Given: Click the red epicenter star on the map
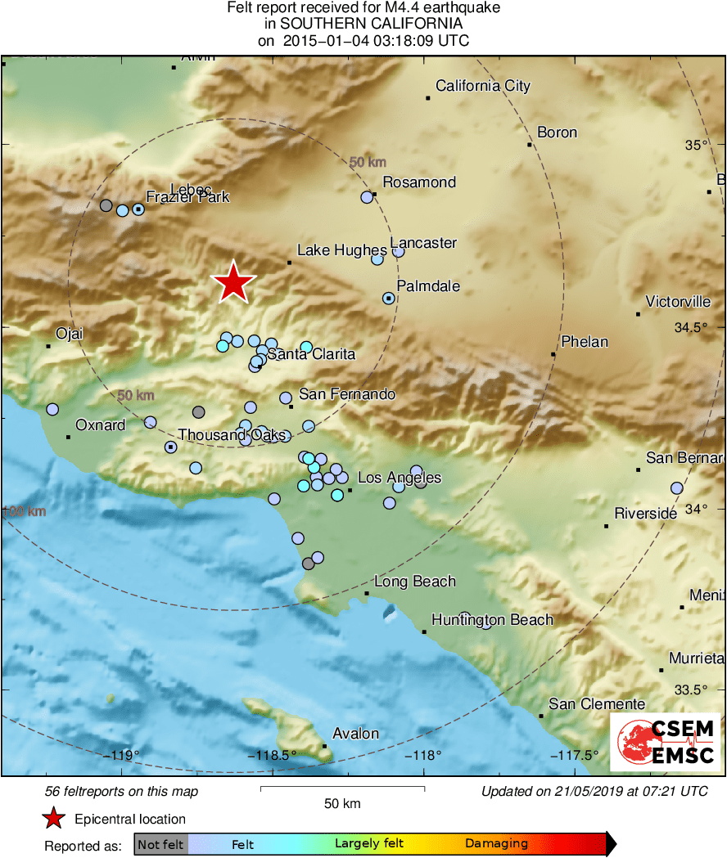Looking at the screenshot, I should coord(234,282).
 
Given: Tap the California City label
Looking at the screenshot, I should coord(482,86).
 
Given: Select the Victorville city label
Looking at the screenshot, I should coord(678,302).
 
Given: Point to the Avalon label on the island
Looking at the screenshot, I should coord(355,734).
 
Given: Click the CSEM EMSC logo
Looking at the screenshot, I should coord(665,742).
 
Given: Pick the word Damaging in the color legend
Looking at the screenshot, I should coord(496,843).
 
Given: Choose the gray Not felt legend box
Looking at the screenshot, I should coord(160,844).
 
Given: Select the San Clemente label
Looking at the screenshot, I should coord(596,704).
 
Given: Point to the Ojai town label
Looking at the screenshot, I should coord(69,334).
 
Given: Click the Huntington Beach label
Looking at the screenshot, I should coord(492,620).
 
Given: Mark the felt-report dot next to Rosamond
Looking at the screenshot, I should coord(367,197).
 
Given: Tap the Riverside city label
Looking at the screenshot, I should coord(645,514).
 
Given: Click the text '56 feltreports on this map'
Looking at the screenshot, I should coord(121,792).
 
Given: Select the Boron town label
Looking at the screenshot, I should coord(557,133).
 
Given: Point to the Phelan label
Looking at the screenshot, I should coord(584,342).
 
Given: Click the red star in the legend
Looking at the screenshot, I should coord(54,819).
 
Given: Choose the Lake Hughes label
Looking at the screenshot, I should coord(341,250).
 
